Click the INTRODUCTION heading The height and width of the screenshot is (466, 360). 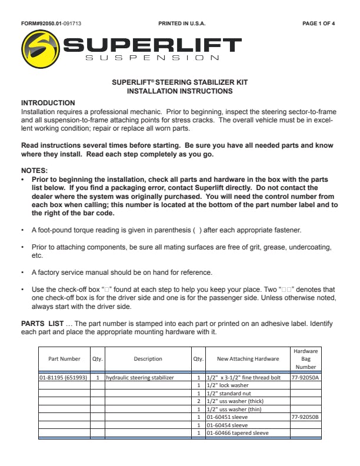48,103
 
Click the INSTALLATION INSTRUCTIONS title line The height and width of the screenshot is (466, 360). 179,91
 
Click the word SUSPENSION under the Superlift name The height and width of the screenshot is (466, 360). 153,58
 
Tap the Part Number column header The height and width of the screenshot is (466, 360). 64,359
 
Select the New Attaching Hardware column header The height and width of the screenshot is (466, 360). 248,359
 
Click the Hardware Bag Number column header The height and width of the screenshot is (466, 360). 306,359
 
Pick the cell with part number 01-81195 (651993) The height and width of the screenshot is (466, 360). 64,378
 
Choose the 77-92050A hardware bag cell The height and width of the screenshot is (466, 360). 306,378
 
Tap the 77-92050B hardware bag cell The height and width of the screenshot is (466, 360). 306,417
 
